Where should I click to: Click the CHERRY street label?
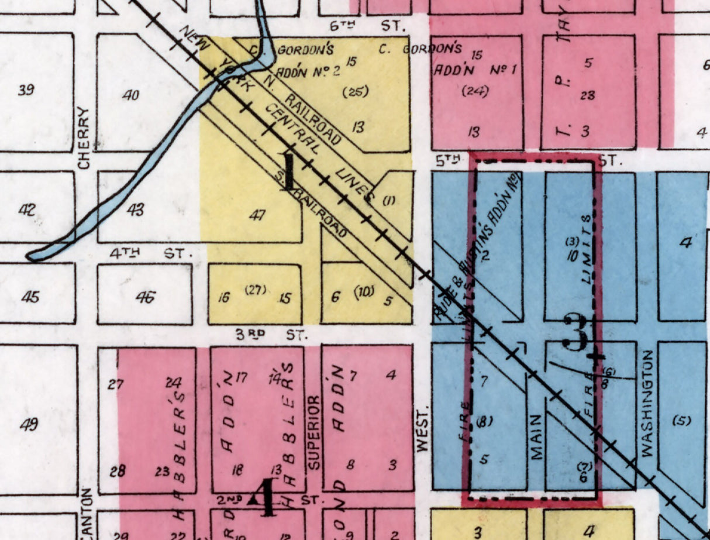[x=84, y=138]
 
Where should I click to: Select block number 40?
[x=130, y=94]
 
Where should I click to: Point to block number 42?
[x=26, y=209]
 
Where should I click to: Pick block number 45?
[x=29, y=297]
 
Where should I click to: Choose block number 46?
[x=145, y=297]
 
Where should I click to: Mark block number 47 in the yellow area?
[x=257, y=215]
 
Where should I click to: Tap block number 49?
[x=29, y=424]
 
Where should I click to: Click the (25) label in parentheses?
[x=354, y=91]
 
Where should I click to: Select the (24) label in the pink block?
[x=475, y=91]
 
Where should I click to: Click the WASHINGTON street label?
[x=646, y=404]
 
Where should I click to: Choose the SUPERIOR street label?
[x=313, y=433]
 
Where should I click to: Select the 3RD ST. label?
[x=263, y=335]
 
